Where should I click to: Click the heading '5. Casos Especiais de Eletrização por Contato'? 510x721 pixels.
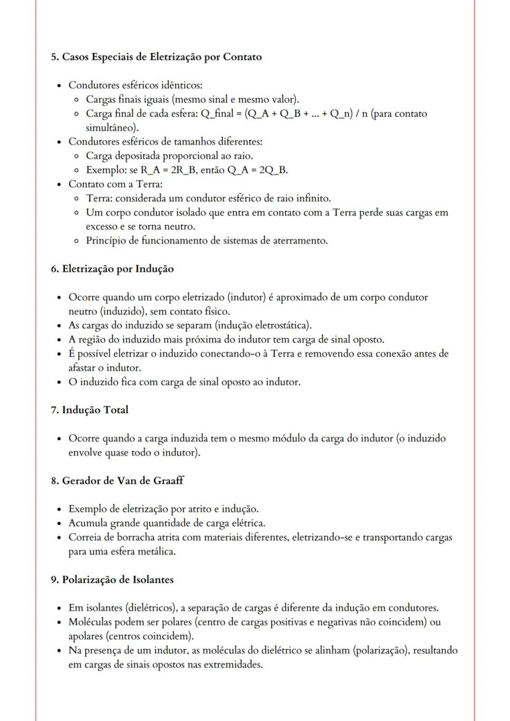coord(156,57)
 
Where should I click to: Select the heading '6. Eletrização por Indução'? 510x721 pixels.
coord(112,268)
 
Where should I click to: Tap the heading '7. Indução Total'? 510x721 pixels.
coord(89,409)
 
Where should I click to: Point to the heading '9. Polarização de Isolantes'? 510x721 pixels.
coord(111,579)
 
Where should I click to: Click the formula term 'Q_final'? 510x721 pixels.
coord(216,114)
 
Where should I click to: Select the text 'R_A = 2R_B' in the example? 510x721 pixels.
coord(164,170)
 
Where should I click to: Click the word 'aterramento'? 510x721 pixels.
coord(300,241)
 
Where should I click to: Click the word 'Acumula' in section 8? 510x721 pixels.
coord(86,523)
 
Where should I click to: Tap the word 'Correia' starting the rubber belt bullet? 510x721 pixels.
coord(84,538)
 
